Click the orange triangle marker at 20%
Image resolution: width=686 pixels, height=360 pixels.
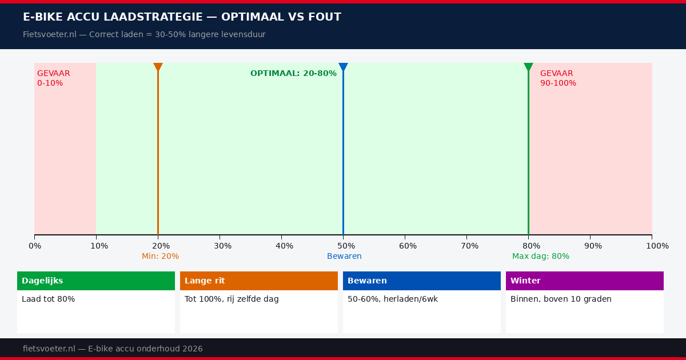pyautogui.click(x=158, y=67)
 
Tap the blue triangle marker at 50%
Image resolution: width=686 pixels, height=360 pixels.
pyautogui.click(x=343, y=67)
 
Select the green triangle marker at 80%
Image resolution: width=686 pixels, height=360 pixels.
pyautogui.click(x=528, y=67)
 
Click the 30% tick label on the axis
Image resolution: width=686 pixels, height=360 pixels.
pyautogui.click(x=222, y=246)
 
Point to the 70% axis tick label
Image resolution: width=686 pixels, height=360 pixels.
pyautogui.click(x=469, y=246)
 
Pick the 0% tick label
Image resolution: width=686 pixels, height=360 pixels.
pyautogui.click(x=34, y=246)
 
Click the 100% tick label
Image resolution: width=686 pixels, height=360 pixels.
pyautogui.click(x=657, y=246)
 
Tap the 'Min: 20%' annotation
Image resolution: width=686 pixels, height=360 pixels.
pyautogui.click(x=160, y=256)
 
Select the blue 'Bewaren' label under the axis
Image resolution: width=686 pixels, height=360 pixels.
pyautogui.click(x=344, y=256)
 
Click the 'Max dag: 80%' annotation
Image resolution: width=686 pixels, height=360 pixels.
pyautogui.click(x=540, y=256)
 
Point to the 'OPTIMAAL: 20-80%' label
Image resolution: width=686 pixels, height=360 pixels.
pyautogui.click(x=293, y=73)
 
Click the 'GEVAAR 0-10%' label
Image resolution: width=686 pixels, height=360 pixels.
pyautogui.click(x=53, y=78)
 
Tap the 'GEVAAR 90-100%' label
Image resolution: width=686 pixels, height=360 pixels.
pyautogui.click(x=558, y=78)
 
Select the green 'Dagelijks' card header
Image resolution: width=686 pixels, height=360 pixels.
pyautogui.click(x=96, y=281)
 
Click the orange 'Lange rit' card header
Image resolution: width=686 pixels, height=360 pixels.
pyautogui.click(x=259, y=281)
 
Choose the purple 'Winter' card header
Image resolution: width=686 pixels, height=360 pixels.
pyautogui.click(x=585, y=281)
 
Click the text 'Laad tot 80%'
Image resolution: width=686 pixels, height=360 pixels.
pyautogui.click(x=48, y=299)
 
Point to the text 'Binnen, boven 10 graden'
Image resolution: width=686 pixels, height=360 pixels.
pyautogui.click(x=561, y=299)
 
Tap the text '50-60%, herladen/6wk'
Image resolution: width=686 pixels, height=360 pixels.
pyautogui.click(x=393, y=299)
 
